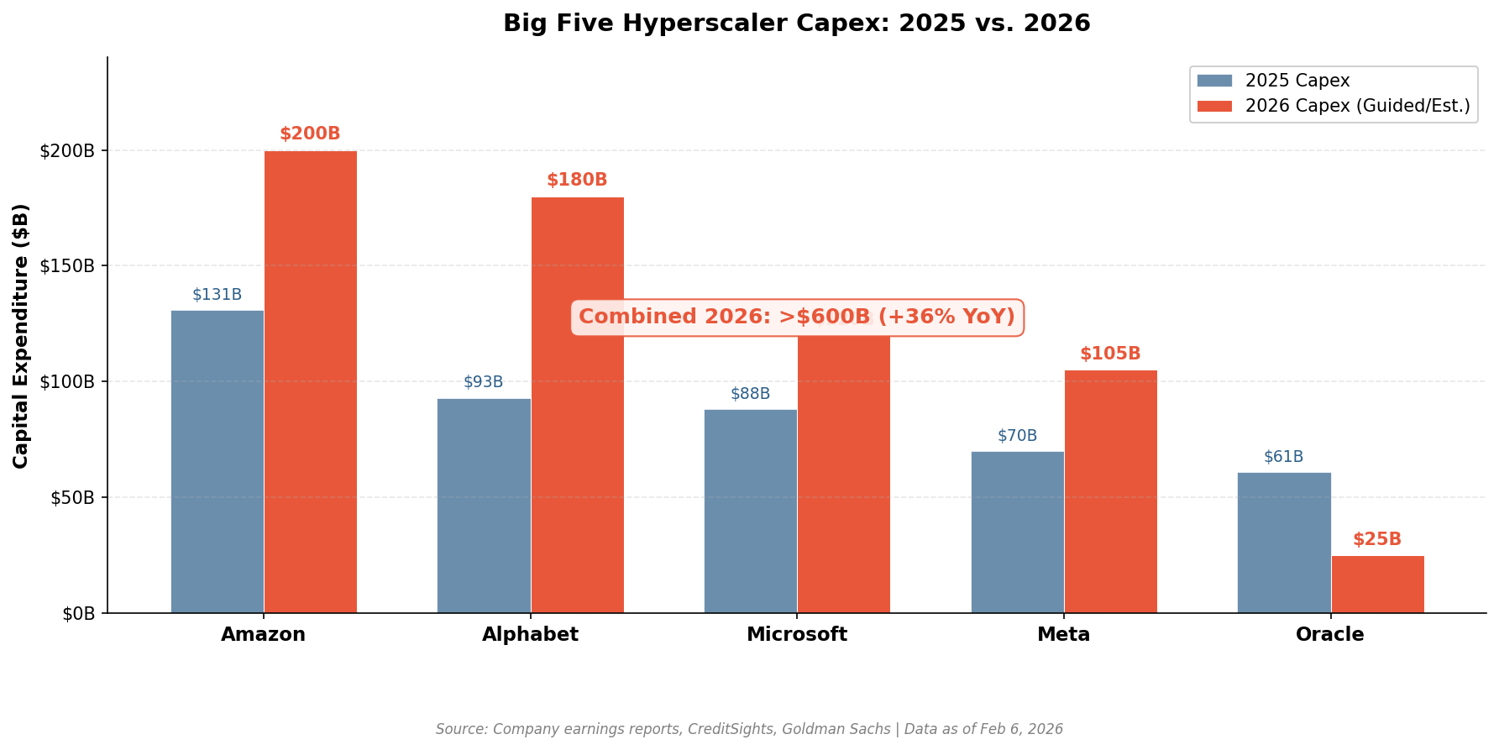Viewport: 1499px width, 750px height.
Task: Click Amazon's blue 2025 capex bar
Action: tap(218, 461)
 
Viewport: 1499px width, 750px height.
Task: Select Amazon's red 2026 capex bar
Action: tap(311, 381)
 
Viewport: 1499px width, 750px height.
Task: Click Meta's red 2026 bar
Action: tap(1111, 491)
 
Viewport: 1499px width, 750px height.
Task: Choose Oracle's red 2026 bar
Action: tap(1377, 584)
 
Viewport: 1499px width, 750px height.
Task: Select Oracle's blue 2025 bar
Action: tap(1284, 542)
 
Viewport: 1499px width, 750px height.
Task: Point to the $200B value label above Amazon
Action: tap(310, 134)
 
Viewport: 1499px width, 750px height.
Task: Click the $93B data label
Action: tap(484, 382)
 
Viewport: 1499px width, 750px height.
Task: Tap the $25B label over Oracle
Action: tap(1377, 540)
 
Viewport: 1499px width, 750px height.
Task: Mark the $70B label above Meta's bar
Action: tap(1017, 436)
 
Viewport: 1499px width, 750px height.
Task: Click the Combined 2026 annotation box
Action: tap(797, 317)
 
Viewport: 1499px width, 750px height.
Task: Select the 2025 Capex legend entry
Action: tap(1297, 81)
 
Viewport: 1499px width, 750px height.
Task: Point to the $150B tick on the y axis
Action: tap(67, 266)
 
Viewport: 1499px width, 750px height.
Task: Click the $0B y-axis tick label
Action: tap(78, 614)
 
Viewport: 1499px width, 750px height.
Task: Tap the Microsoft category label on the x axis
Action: tap(797, 635)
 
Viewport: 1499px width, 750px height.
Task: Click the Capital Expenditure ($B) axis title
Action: tap(21, 336)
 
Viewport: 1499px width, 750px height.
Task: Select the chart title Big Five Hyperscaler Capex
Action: tap(796, 24)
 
